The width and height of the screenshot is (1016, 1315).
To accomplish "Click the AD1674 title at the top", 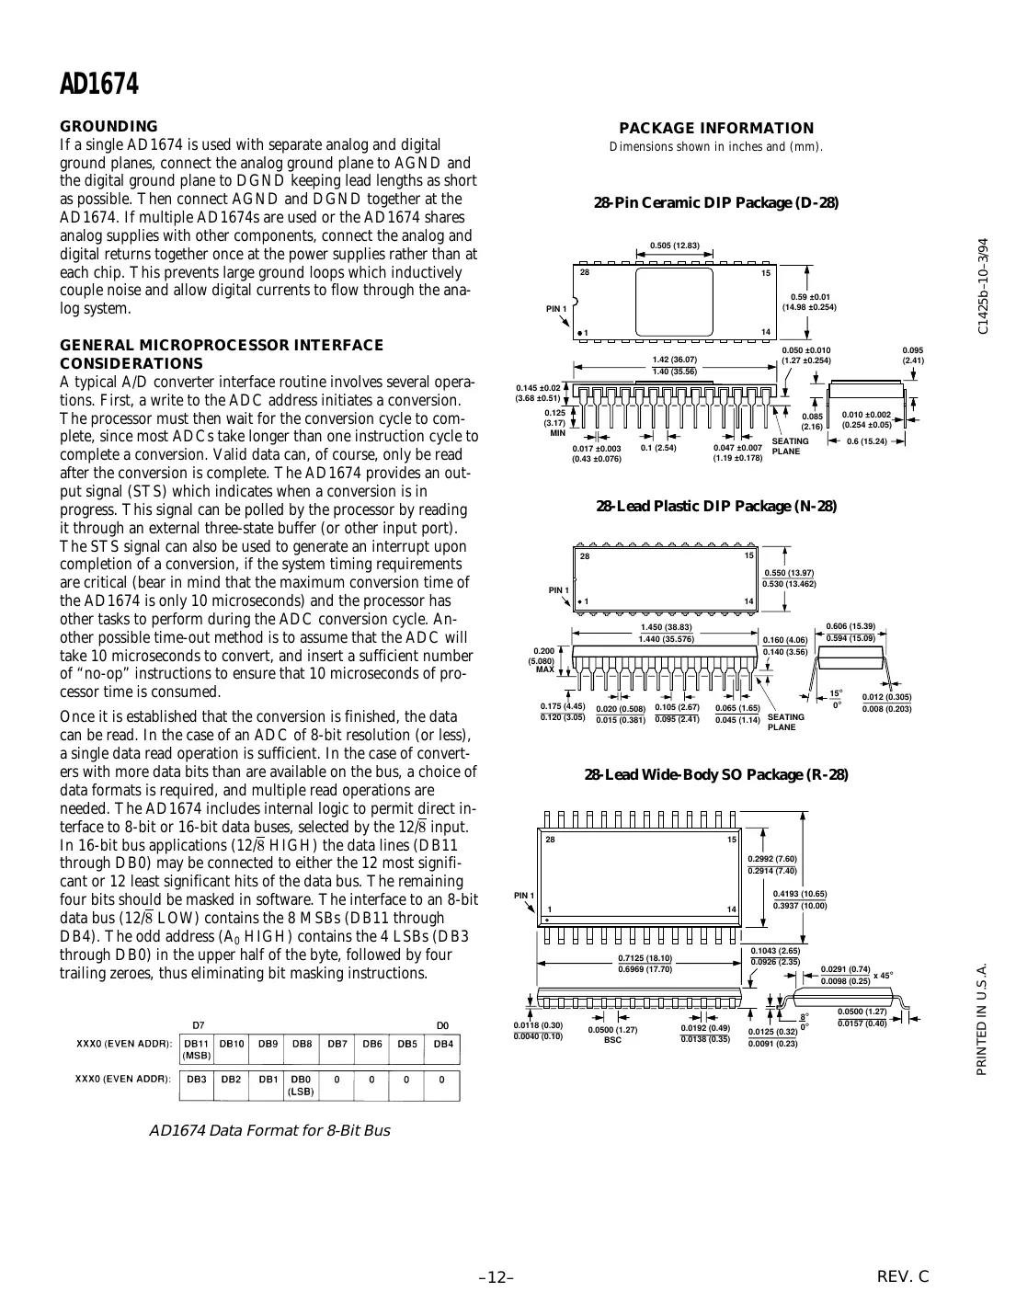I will coord(99,85).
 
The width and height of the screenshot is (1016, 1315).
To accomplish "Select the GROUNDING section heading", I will coord(108,126).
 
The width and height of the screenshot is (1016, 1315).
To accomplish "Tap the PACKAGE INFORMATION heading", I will coord(716,128).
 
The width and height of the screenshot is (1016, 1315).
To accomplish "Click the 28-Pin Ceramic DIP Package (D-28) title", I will coord(716,202).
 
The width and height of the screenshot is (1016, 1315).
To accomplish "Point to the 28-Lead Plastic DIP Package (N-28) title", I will coord(716,506).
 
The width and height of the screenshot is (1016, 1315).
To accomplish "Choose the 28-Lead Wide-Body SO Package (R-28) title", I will coord(716,774).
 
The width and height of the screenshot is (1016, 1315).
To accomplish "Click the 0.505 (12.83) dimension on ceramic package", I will coord(675,246).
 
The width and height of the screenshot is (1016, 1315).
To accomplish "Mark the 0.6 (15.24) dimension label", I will coord(866,441).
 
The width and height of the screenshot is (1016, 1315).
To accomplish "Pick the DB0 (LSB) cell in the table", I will coord(302,1084).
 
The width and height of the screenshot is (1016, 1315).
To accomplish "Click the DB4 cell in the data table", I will coord(442,1044).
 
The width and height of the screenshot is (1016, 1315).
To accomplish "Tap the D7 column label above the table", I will coord(198,1024).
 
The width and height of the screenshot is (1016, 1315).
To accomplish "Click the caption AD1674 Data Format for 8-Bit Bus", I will coord(268,1130).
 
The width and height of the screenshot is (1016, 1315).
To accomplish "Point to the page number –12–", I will coord(496,1277).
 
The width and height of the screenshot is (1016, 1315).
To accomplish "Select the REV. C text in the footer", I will coord(903,1276).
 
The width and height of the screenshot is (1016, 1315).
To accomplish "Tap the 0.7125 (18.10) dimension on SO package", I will coord(645,958).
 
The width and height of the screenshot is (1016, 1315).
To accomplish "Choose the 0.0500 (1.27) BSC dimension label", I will coord(612,1035).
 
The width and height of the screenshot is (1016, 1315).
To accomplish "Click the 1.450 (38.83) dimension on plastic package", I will coord(666,626).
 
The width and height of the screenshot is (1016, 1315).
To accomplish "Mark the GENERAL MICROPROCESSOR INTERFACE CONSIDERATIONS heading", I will coord(221,354).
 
